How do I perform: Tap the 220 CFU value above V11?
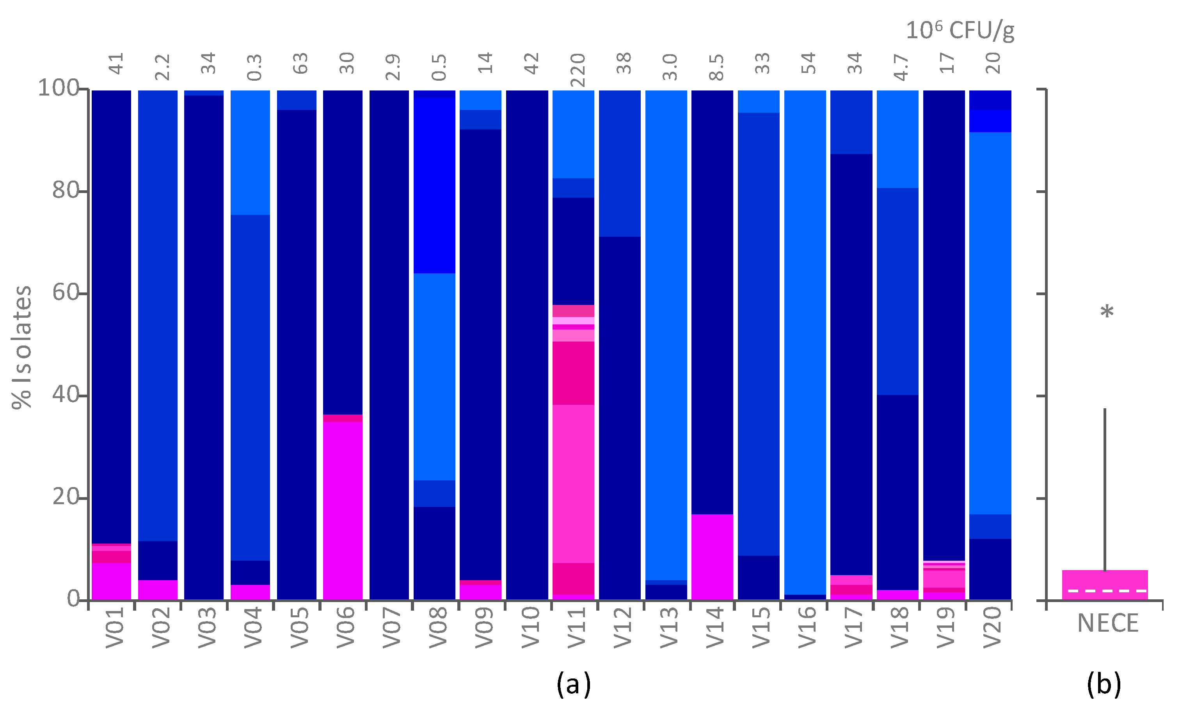point(577,70)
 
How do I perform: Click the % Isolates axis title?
point(22,347)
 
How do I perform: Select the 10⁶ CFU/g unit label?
point(960,30)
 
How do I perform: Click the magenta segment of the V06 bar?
point(343,511)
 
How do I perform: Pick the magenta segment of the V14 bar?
point(712,557)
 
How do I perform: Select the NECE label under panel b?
point(1108,623)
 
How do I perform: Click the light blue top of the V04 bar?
point(250,152)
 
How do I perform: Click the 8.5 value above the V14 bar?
point(716,67)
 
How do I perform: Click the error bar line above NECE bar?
point(1105,489)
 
